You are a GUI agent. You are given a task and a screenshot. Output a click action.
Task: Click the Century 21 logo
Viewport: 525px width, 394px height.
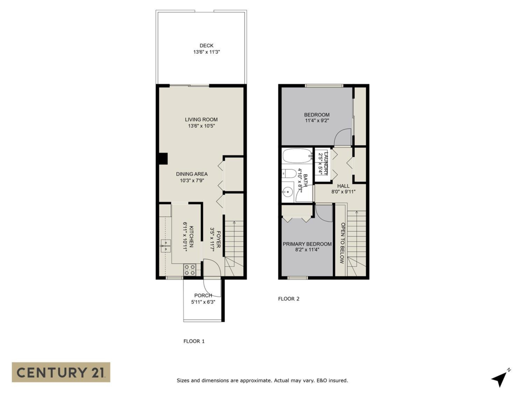[x=61, y=372]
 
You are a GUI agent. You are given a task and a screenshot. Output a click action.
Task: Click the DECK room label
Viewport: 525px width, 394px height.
[x=206, y=46]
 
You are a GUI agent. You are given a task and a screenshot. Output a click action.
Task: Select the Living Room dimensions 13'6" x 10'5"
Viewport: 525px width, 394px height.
[x=201, y=126]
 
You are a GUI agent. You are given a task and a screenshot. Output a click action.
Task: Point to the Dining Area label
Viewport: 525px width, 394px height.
[x=192, y=174]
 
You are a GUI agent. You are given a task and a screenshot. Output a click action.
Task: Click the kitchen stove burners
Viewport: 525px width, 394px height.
[x=190, y=270]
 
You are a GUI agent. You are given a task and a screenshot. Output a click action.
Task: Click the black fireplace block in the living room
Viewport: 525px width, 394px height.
[x=163, y=158]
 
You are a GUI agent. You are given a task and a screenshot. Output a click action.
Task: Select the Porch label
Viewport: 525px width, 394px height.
[x=203, y=295]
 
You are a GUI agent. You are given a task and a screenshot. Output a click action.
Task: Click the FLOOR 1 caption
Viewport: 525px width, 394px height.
[x=194, y=341]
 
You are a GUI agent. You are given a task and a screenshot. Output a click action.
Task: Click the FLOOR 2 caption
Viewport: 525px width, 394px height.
[x=289, y=299]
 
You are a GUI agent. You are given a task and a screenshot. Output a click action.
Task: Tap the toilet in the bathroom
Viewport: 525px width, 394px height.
[x=289, y=173]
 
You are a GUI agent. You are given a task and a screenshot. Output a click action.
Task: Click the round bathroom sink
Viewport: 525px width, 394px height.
[x=288, y=191]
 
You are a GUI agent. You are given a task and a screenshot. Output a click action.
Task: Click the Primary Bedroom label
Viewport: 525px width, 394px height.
[x=307, y=244]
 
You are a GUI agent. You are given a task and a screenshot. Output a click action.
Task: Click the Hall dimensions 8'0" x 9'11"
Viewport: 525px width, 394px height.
[x=343, y=191]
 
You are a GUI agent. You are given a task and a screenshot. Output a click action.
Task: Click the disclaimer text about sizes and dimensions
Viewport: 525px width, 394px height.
[x=262, y=380]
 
